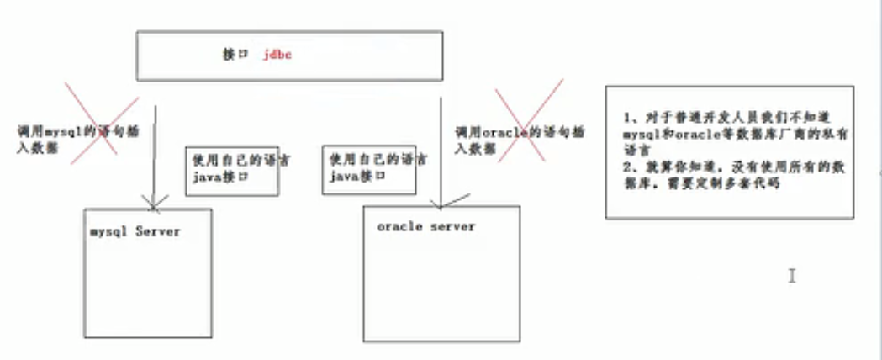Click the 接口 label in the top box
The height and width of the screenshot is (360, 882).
[233, 54]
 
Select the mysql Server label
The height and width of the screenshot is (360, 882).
[135, 230]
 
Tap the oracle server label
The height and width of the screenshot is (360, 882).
[425, 227]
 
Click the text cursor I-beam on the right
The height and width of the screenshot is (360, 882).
[791, 275]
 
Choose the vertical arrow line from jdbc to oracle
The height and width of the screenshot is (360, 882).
[438, 143]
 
